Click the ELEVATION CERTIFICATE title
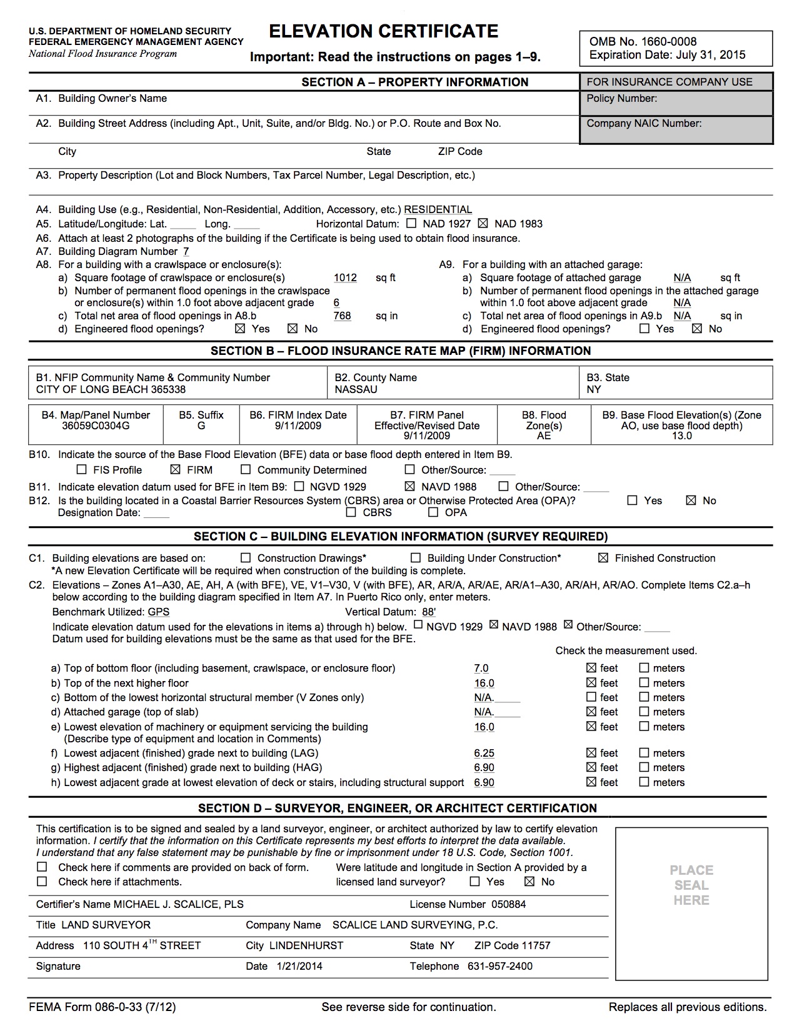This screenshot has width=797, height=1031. (383, 31)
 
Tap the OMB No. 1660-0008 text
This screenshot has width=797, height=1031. (643, 42)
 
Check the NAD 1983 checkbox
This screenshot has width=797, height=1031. (483, 224)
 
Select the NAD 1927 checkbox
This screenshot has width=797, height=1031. (411, 224)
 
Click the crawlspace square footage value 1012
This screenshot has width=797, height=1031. (345, 278)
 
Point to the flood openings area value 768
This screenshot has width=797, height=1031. (342, 316)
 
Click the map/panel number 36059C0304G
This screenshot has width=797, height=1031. (96, 426)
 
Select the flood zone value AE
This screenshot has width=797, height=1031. (544, 436)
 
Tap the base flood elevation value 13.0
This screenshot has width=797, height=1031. (681, 436)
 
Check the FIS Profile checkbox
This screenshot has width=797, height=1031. (81, 470)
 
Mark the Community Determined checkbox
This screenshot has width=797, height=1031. (246, 470)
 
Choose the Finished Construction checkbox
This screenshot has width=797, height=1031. (603, 558)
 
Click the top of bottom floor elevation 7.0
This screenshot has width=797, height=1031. (481, 669)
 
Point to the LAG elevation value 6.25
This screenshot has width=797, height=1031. (484, 754)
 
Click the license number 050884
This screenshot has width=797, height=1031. (508, 904)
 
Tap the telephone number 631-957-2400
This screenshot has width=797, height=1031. (500, 966)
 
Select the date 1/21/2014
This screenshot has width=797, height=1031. (299, 966)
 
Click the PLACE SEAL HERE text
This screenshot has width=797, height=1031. (691, 885)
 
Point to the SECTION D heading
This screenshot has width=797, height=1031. (397, 808)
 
